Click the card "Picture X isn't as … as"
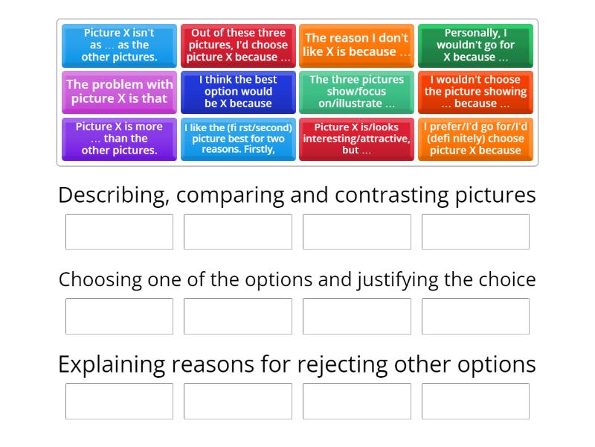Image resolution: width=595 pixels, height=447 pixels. tap(119, 45)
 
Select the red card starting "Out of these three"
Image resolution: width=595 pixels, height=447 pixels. tap(238, 45)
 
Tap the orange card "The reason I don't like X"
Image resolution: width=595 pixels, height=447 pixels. tap(356, 45)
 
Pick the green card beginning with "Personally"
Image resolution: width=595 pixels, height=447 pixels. tap(475, 45)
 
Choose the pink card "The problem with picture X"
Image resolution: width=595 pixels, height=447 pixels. tap(119, 92)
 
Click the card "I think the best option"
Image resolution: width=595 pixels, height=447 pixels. tap(238, 92)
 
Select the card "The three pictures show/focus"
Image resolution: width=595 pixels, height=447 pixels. tap(356, 92)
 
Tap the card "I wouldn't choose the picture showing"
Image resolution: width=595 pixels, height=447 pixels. tap(475, 92)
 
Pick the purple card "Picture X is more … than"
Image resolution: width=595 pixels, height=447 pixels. tap(119, 139)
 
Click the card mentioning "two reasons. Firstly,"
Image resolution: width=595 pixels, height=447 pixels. tap(238, 139)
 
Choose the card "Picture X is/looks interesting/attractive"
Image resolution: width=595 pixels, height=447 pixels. tap(356, 139)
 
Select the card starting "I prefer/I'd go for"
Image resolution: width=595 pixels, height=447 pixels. tap(475, 139)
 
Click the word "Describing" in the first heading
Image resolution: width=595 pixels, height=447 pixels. tap(112, 195)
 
